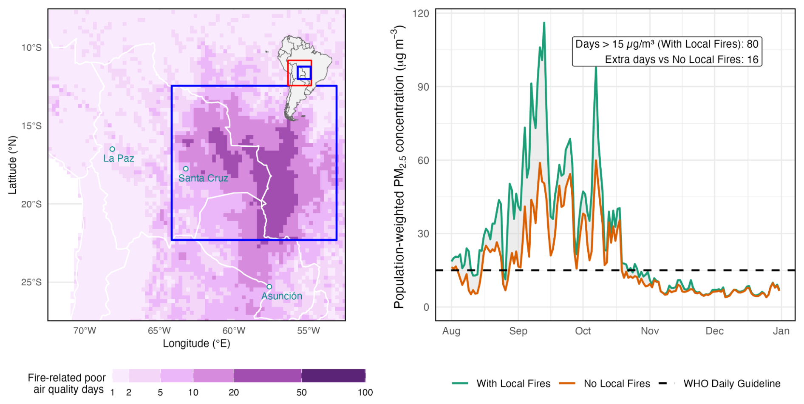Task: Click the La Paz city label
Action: point(119,158)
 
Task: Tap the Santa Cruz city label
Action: point(203,178)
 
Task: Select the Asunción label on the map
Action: point(281,296)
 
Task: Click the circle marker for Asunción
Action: point(269,287)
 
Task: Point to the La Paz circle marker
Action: point(112,149)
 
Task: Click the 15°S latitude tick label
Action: point(31,126)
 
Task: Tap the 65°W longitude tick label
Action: point(159,331)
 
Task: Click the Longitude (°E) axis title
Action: point(196,344)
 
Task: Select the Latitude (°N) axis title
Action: point(13,165)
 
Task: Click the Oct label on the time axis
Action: point(583,331)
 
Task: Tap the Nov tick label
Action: point(650,331)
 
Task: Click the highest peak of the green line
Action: point(544,23)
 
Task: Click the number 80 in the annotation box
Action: point(752,44)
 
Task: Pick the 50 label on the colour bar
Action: point(301,393)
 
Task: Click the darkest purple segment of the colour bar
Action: point(333,376)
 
